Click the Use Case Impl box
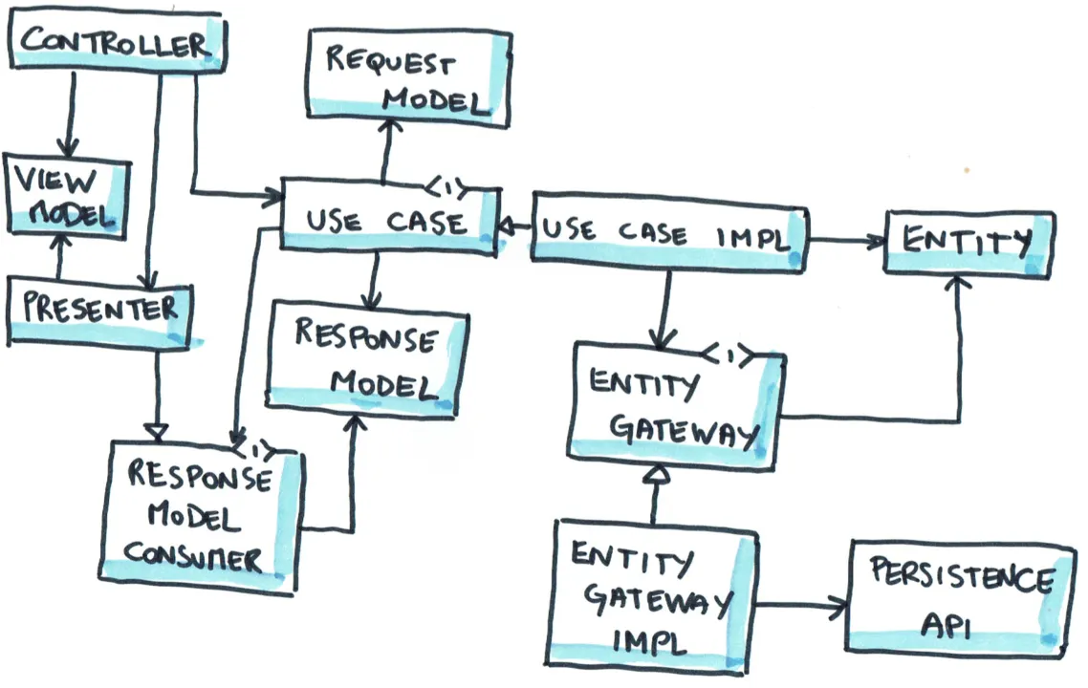point(665,230)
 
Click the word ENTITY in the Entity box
point(966,242)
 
